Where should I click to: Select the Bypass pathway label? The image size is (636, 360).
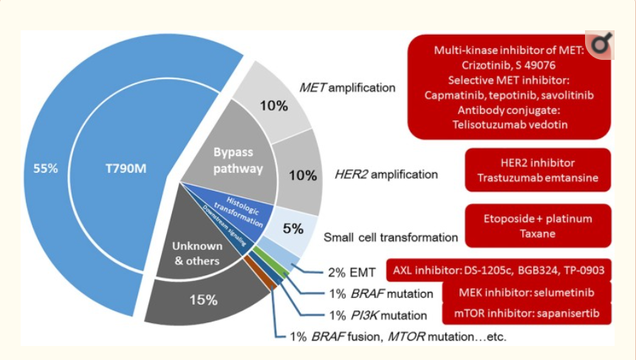click(238, 161)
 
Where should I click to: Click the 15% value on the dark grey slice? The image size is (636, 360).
click(201, 299)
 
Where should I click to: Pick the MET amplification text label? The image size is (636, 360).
click(347, 88)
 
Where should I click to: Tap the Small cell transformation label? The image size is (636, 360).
click(391, 237)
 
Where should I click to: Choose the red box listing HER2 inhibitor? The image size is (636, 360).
click(536, 170)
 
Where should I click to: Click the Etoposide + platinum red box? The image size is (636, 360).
click(538, 225)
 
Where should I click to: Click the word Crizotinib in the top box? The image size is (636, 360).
click(479, 66)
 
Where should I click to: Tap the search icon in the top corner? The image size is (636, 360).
click(601, 46)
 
